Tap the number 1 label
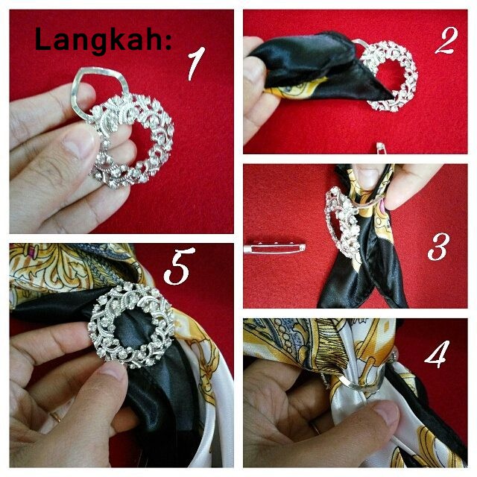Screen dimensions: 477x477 [x=195, y=63]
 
